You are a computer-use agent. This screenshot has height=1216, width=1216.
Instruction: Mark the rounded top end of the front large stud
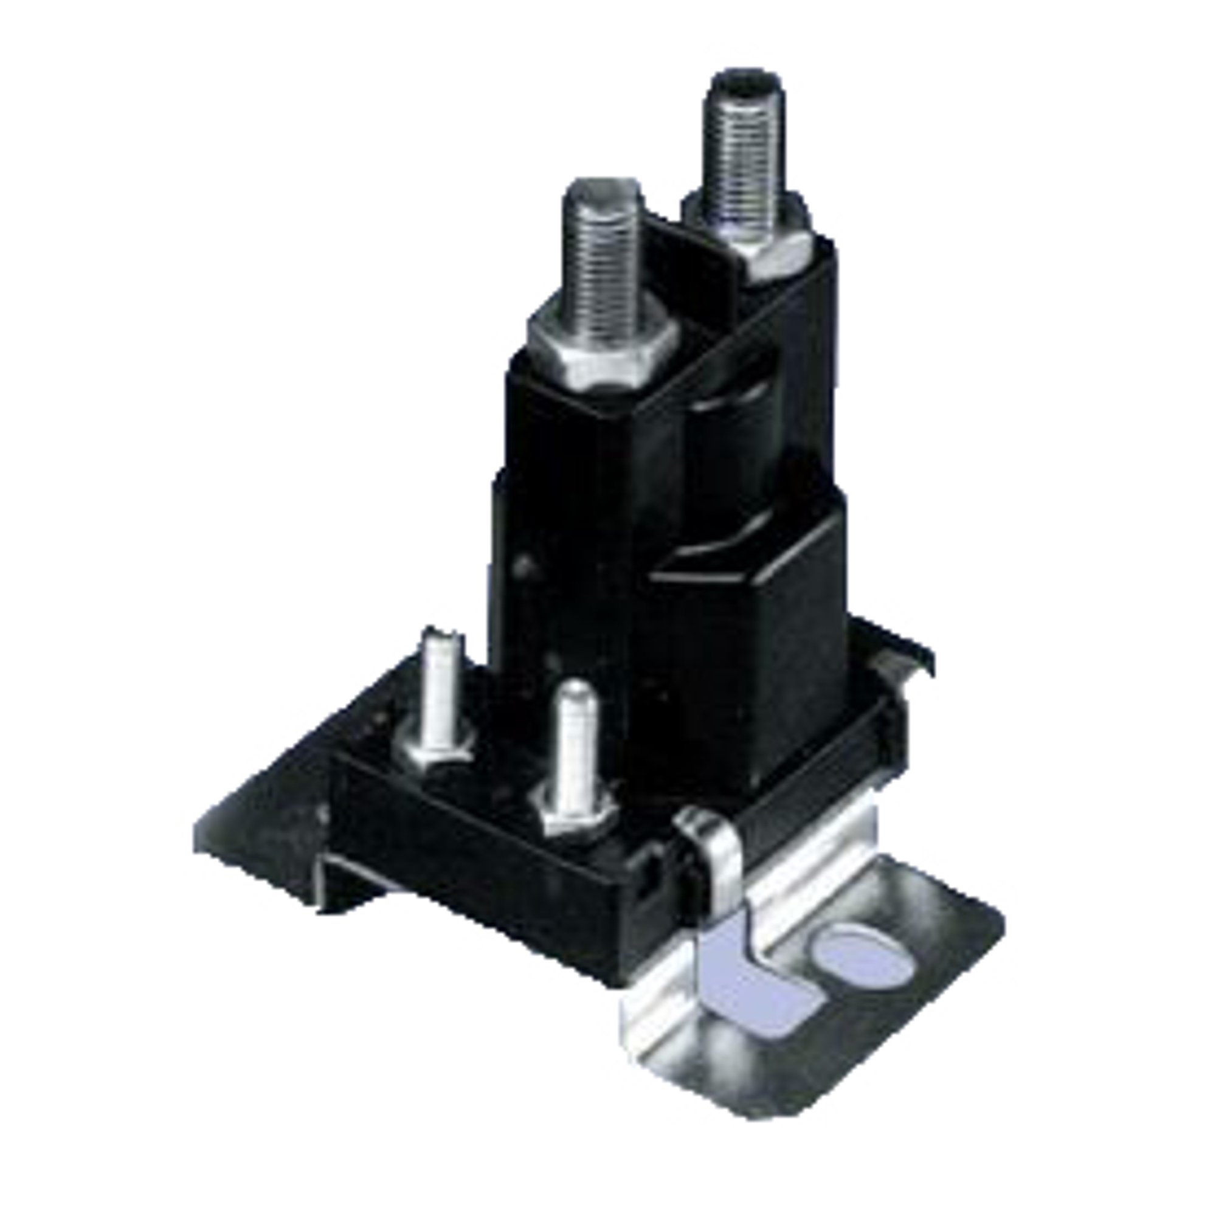point(603,189)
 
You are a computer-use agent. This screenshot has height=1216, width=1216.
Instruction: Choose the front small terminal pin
point(575,743)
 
